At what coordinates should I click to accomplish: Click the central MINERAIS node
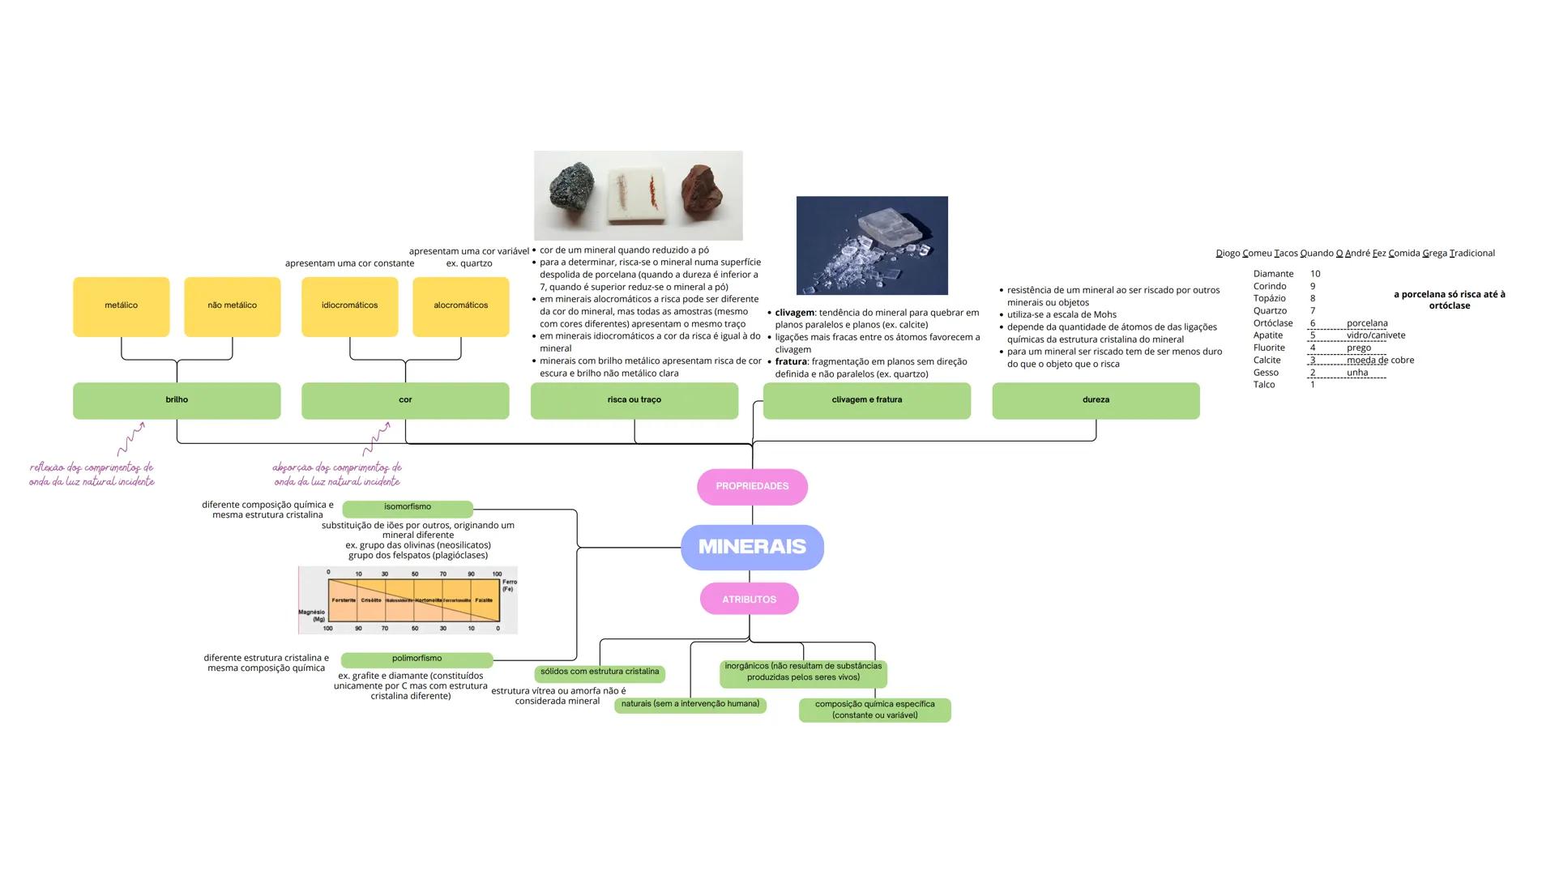752,547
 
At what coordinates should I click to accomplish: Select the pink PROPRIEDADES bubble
752,486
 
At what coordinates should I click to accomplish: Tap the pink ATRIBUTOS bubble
749,600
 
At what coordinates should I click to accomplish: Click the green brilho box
177,400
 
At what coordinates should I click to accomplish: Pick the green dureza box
1096,400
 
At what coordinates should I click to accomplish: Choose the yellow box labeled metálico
122,306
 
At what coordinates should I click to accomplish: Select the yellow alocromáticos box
460,306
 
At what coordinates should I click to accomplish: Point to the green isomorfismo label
407,508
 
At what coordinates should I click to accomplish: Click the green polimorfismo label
417,659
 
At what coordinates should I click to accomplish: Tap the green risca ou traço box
634,400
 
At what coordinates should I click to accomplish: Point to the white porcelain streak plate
637,194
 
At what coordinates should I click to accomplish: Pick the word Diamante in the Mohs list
1273,274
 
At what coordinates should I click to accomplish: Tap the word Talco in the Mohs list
1264,385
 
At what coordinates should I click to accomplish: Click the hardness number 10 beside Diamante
1314,274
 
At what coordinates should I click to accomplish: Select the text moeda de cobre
1380,361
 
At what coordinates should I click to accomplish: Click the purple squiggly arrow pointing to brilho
131,438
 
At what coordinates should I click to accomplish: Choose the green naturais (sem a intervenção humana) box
690,705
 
